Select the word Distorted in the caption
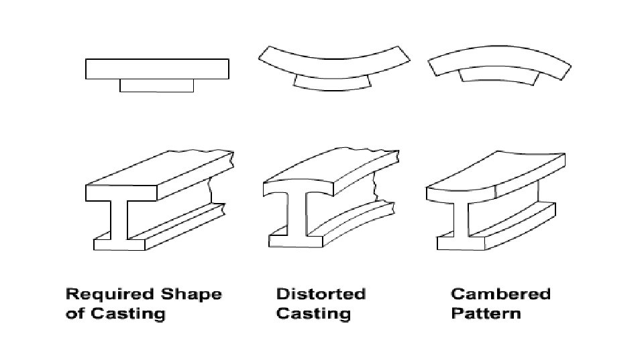click(x=321, y=294)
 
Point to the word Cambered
click(x=500, y=294)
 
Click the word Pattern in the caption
click(x=486, y=313)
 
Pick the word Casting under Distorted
click(x=313, y=313)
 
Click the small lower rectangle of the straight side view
click(x=156, y=85)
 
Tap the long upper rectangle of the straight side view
click(x=157, y=69)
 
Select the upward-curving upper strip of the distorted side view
click(x=333, y=63)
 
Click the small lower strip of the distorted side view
click(x=333, y=83)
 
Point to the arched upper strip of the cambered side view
click(x=500, y=63)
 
